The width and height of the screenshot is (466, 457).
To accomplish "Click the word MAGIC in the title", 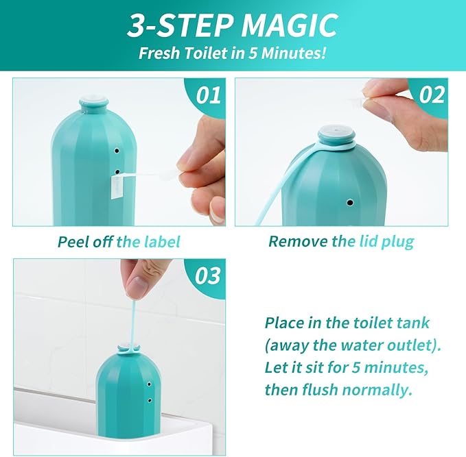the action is coord(289,25).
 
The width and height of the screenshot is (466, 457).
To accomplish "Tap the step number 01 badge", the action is coord(208,95).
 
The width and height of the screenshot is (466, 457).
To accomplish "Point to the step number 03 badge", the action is coord(207,275).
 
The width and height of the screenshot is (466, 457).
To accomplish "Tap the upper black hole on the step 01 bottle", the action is coord(117,151).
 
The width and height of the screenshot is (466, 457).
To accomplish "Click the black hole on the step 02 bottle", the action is coord(350,203).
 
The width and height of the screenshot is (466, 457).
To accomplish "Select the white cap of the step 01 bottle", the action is coord(93,99).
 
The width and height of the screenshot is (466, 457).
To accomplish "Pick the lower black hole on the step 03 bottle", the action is coord(150,400).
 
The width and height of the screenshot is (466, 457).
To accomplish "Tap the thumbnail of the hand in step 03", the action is coord(137,286).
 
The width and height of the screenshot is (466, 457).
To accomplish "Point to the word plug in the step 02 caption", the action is coord(397,242).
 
